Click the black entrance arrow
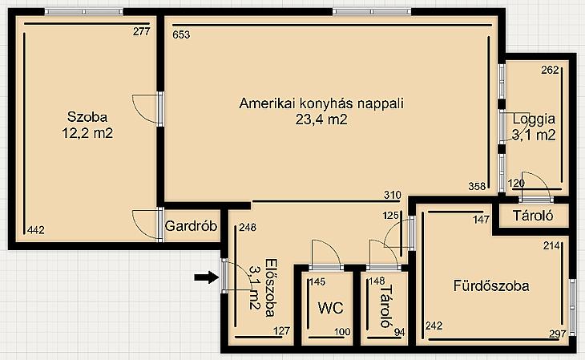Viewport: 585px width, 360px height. [x=206, y=277]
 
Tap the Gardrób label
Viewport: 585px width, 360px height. [x=191, y=226]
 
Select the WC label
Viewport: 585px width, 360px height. [x=330, y=308]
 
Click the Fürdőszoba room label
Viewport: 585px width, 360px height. [x=491, y=285]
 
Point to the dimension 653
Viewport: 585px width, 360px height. [x=181, y=34]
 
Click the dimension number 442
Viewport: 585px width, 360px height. [x=36, y=230]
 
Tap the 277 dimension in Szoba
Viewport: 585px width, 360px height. [x=141, y=31]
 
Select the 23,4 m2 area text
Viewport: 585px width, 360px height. [x=321, y=119]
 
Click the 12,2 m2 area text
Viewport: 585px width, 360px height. [x=87, y=133]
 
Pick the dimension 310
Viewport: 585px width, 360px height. [x=393, y=195]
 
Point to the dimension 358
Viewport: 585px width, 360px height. [x=477, y=186]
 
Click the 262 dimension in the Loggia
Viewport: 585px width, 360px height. [x=550, y=70]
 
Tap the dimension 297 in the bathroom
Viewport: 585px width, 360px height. [x=558, y=334]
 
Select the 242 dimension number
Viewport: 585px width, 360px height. [x=434, y=326]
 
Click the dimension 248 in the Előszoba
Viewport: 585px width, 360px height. [x=248, y=227]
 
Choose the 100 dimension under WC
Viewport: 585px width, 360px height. [x=342, y=332]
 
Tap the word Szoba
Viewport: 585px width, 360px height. [x=87, y=117]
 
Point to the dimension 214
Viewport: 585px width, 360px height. [x=551, y=245]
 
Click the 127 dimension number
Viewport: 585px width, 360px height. [x=281, y=331]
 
